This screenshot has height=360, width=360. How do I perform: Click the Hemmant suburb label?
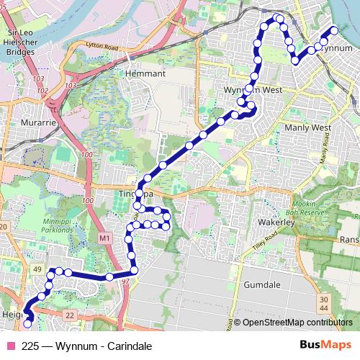[145, 73]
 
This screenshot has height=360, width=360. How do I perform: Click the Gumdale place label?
[263, 285]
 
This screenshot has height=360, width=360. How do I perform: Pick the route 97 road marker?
[126, 280]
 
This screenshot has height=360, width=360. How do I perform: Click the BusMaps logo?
[322, 345]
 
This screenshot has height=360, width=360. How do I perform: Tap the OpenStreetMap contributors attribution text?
[296, 323]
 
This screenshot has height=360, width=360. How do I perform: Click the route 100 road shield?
[88, 155]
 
